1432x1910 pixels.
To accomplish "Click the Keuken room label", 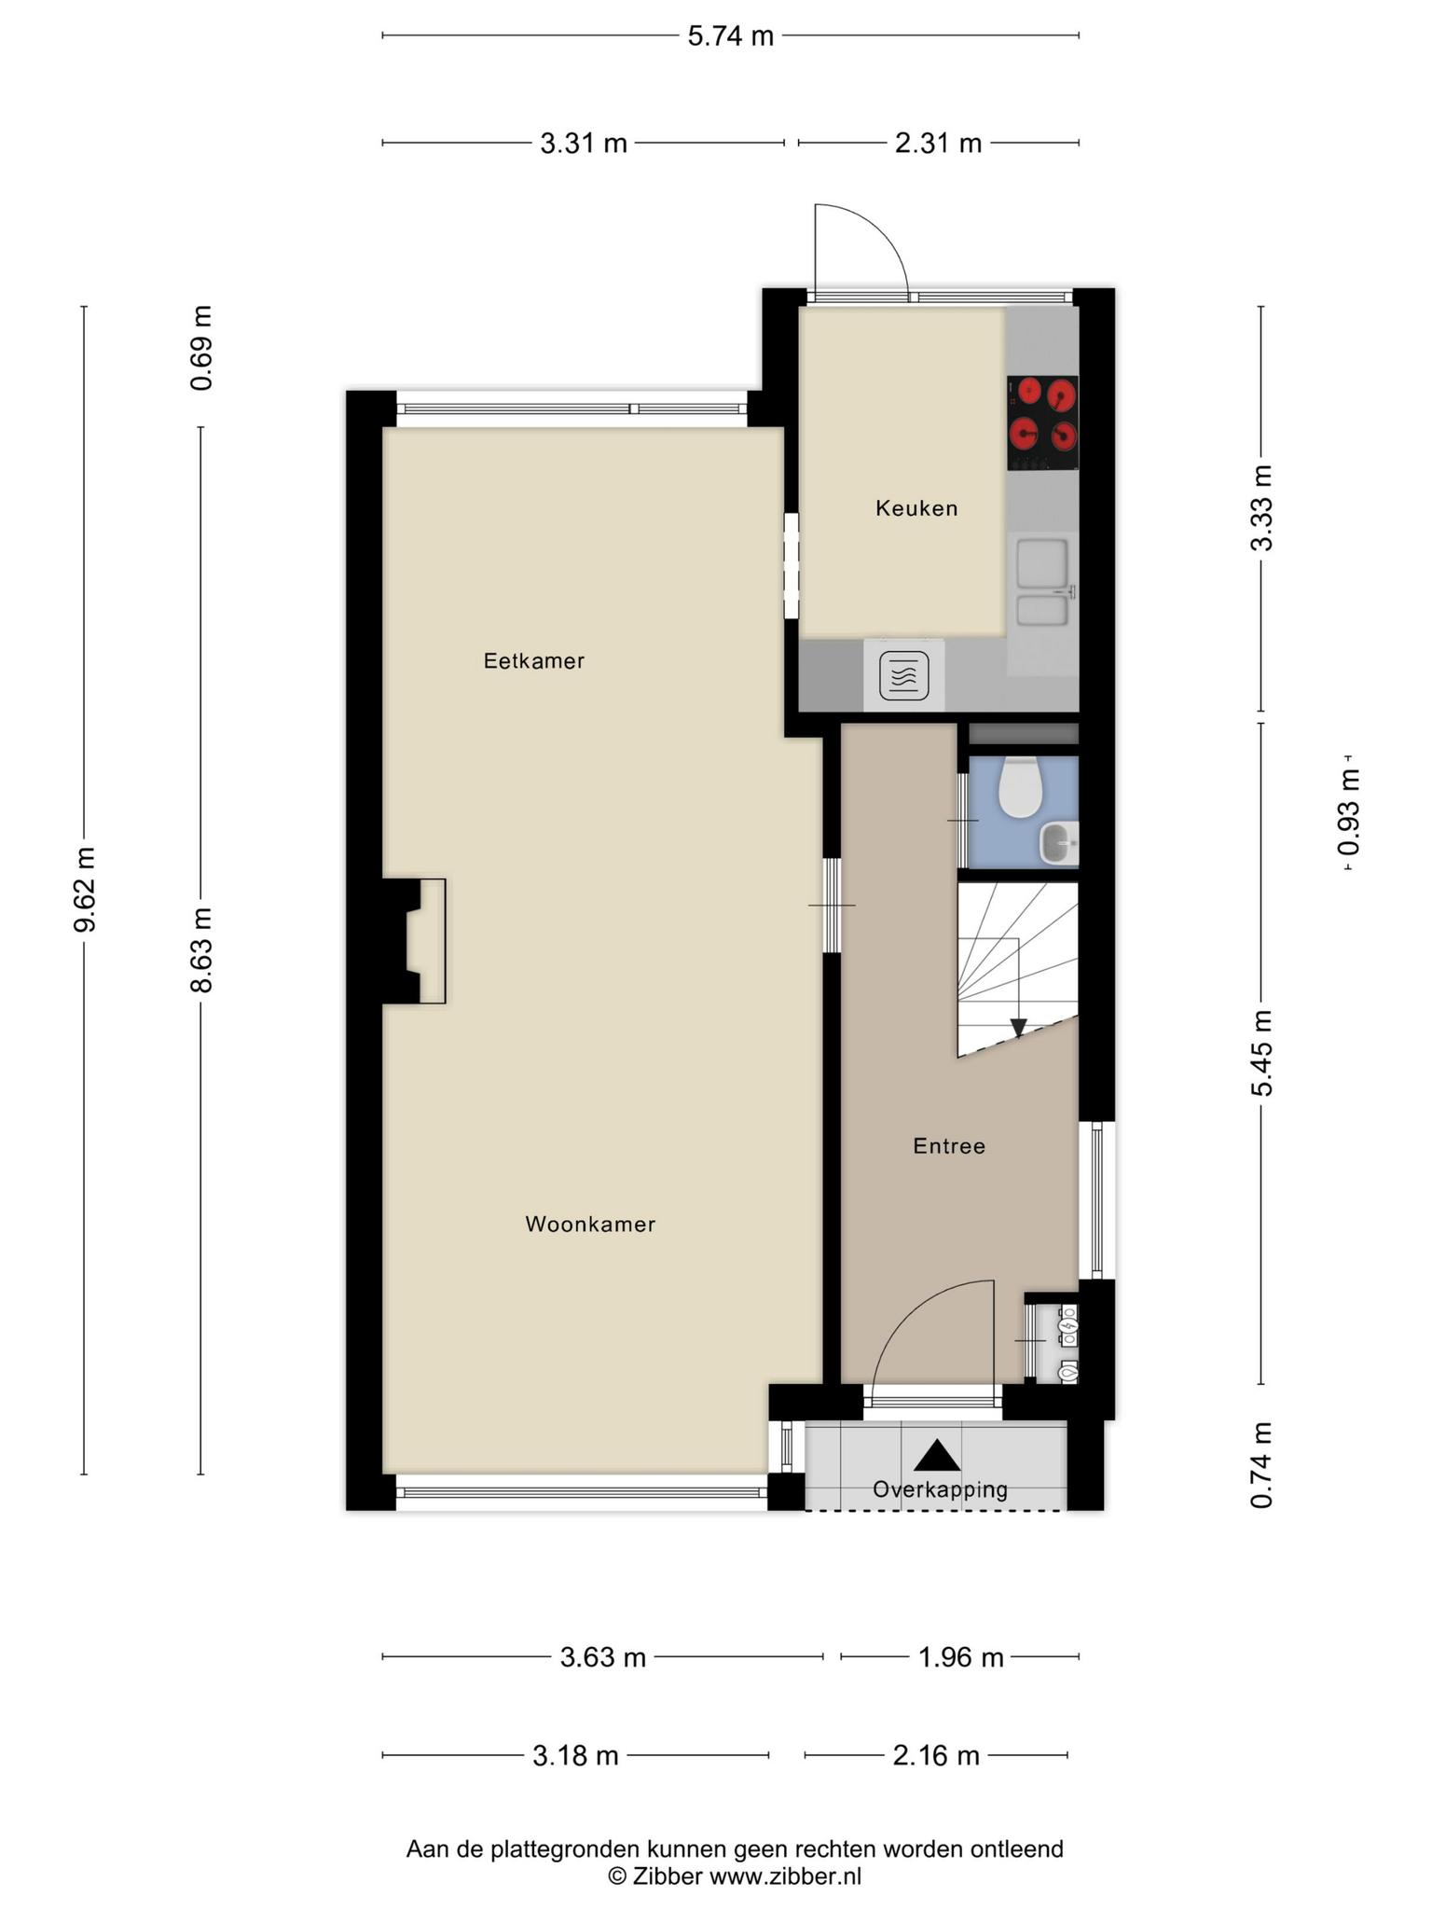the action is tap(916, 508).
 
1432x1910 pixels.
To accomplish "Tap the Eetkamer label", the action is tap(534, 661).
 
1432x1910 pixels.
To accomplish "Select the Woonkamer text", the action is tap(590, 1225).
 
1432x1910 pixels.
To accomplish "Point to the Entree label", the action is tap(949, 1146).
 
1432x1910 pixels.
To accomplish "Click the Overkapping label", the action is tap(940, 1489).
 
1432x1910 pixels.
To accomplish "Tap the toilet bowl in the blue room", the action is tap(1020, 786).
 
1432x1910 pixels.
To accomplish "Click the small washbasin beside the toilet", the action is tap(1059, 843).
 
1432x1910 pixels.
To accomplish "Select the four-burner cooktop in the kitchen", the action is tap(1042, 422).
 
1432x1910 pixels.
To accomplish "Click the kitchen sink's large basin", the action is tap(1042, 563).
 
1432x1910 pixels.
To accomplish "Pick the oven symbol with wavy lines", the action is tap(904, 676).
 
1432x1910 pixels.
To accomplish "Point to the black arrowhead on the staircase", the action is tap(1018, 1028).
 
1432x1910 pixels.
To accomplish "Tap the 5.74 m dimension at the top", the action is tap(731, 36).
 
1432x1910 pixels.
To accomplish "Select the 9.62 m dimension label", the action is tap(85, 890).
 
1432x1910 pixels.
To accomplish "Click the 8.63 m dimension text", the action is tap(201, 949).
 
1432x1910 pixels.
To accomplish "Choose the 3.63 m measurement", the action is tap(602, 1657).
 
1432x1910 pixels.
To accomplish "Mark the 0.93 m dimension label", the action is tap(1349, 811).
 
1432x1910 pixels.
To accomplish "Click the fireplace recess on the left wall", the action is tap(414, 941).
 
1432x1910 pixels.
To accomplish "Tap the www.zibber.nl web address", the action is tap(786, 1876).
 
